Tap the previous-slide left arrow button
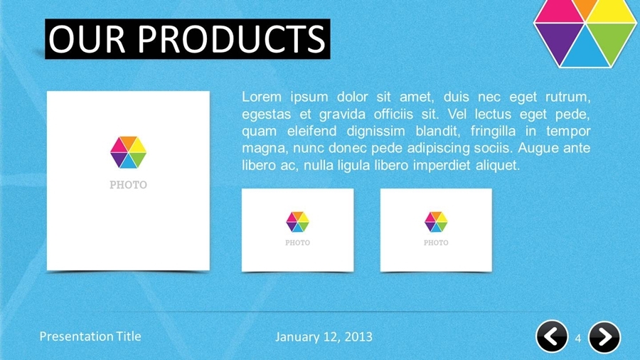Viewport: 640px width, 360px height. pos(552,337)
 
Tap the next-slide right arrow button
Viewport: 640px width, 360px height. pos(604,337)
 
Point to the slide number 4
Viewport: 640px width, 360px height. pos(578,337)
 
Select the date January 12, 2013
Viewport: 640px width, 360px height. pos(323,337)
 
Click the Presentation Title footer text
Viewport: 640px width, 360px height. pos(90,337)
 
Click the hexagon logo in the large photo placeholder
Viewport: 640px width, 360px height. pos(128,152)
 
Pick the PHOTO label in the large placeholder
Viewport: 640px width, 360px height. pos(128,185)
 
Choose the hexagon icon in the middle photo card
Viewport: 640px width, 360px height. pos(297,221)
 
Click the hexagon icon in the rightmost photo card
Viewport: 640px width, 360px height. pos(436,221)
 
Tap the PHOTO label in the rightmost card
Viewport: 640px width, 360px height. pos(436,243)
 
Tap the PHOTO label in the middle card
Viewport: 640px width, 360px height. pos(297,243)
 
